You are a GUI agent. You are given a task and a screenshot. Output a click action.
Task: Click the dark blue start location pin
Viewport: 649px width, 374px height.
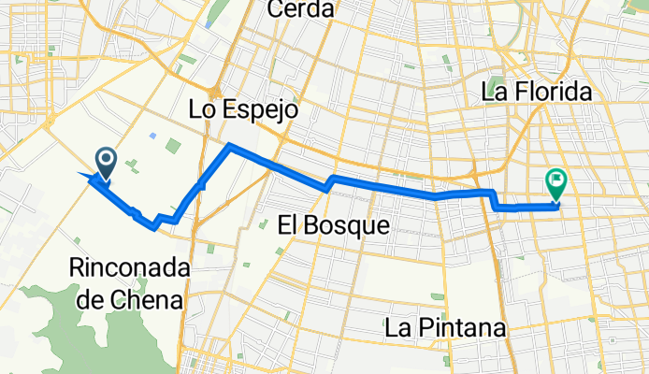[x=104, y=165]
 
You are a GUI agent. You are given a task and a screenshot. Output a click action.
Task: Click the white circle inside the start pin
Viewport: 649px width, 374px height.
[x=104, y=160]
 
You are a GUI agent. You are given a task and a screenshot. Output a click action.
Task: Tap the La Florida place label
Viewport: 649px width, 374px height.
[x=537, y=92]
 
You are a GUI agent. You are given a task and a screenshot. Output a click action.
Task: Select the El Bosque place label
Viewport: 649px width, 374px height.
[x=334, y=224]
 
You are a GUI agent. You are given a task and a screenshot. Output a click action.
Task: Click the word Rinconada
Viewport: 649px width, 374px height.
[x=129, y=268]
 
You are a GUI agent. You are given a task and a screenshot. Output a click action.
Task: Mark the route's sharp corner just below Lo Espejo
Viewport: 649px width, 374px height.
[x=230, y=146]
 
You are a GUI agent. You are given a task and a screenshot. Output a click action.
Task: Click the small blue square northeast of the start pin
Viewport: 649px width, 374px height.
[x=152, y=135]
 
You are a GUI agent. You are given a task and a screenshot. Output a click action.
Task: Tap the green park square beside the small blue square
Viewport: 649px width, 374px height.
[x=174, y=146]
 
